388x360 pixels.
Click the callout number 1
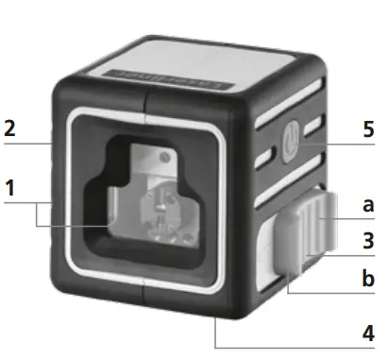tap(9, 188)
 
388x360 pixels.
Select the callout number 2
tap(9, 129)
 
